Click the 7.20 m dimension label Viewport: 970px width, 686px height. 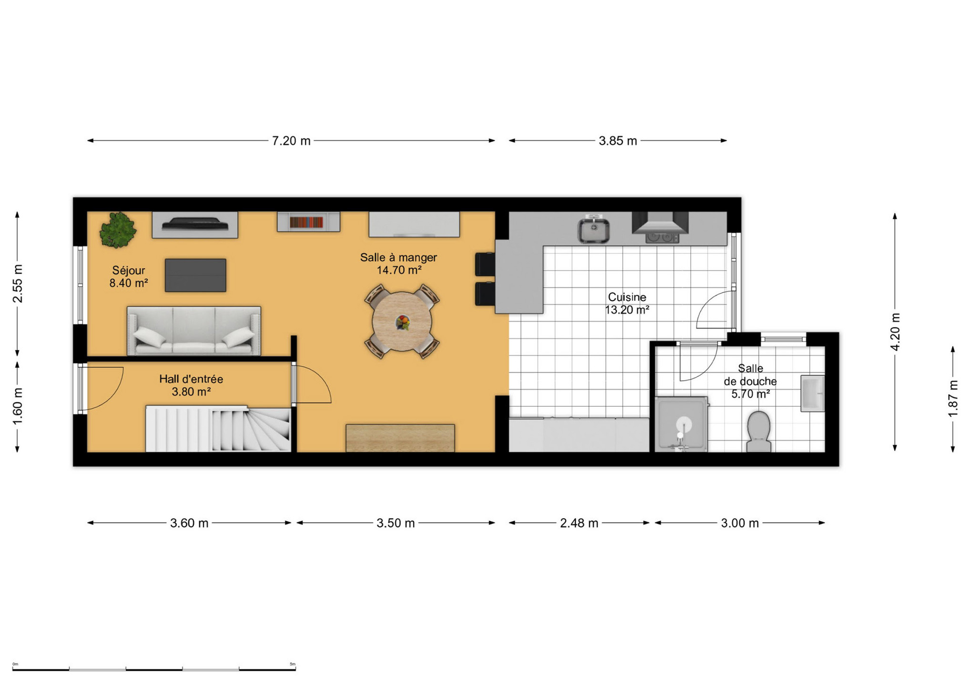(291, 141)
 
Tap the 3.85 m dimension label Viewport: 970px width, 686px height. (618, 141)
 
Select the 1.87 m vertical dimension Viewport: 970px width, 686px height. (953, 399)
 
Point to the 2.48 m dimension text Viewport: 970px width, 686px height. (579, 523)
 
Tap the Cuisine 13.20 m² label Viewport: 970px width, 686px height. (627, 303)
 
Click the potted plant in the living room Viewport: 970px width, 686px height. (118, 230)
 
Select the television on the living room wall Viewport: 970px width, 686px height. (195, 224)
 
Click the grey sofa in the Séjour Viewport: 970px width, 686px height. (194, 331)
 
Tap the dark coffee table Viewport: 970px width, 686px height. (195, 275)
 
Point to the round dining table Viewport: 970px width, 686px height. (402, 322)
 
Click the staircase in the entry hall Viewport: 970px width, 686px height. (218, 429)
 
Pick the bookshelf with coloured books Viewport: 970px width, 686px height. (308, 222)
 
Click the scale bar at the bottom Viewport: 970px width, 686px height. (154, 669)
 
